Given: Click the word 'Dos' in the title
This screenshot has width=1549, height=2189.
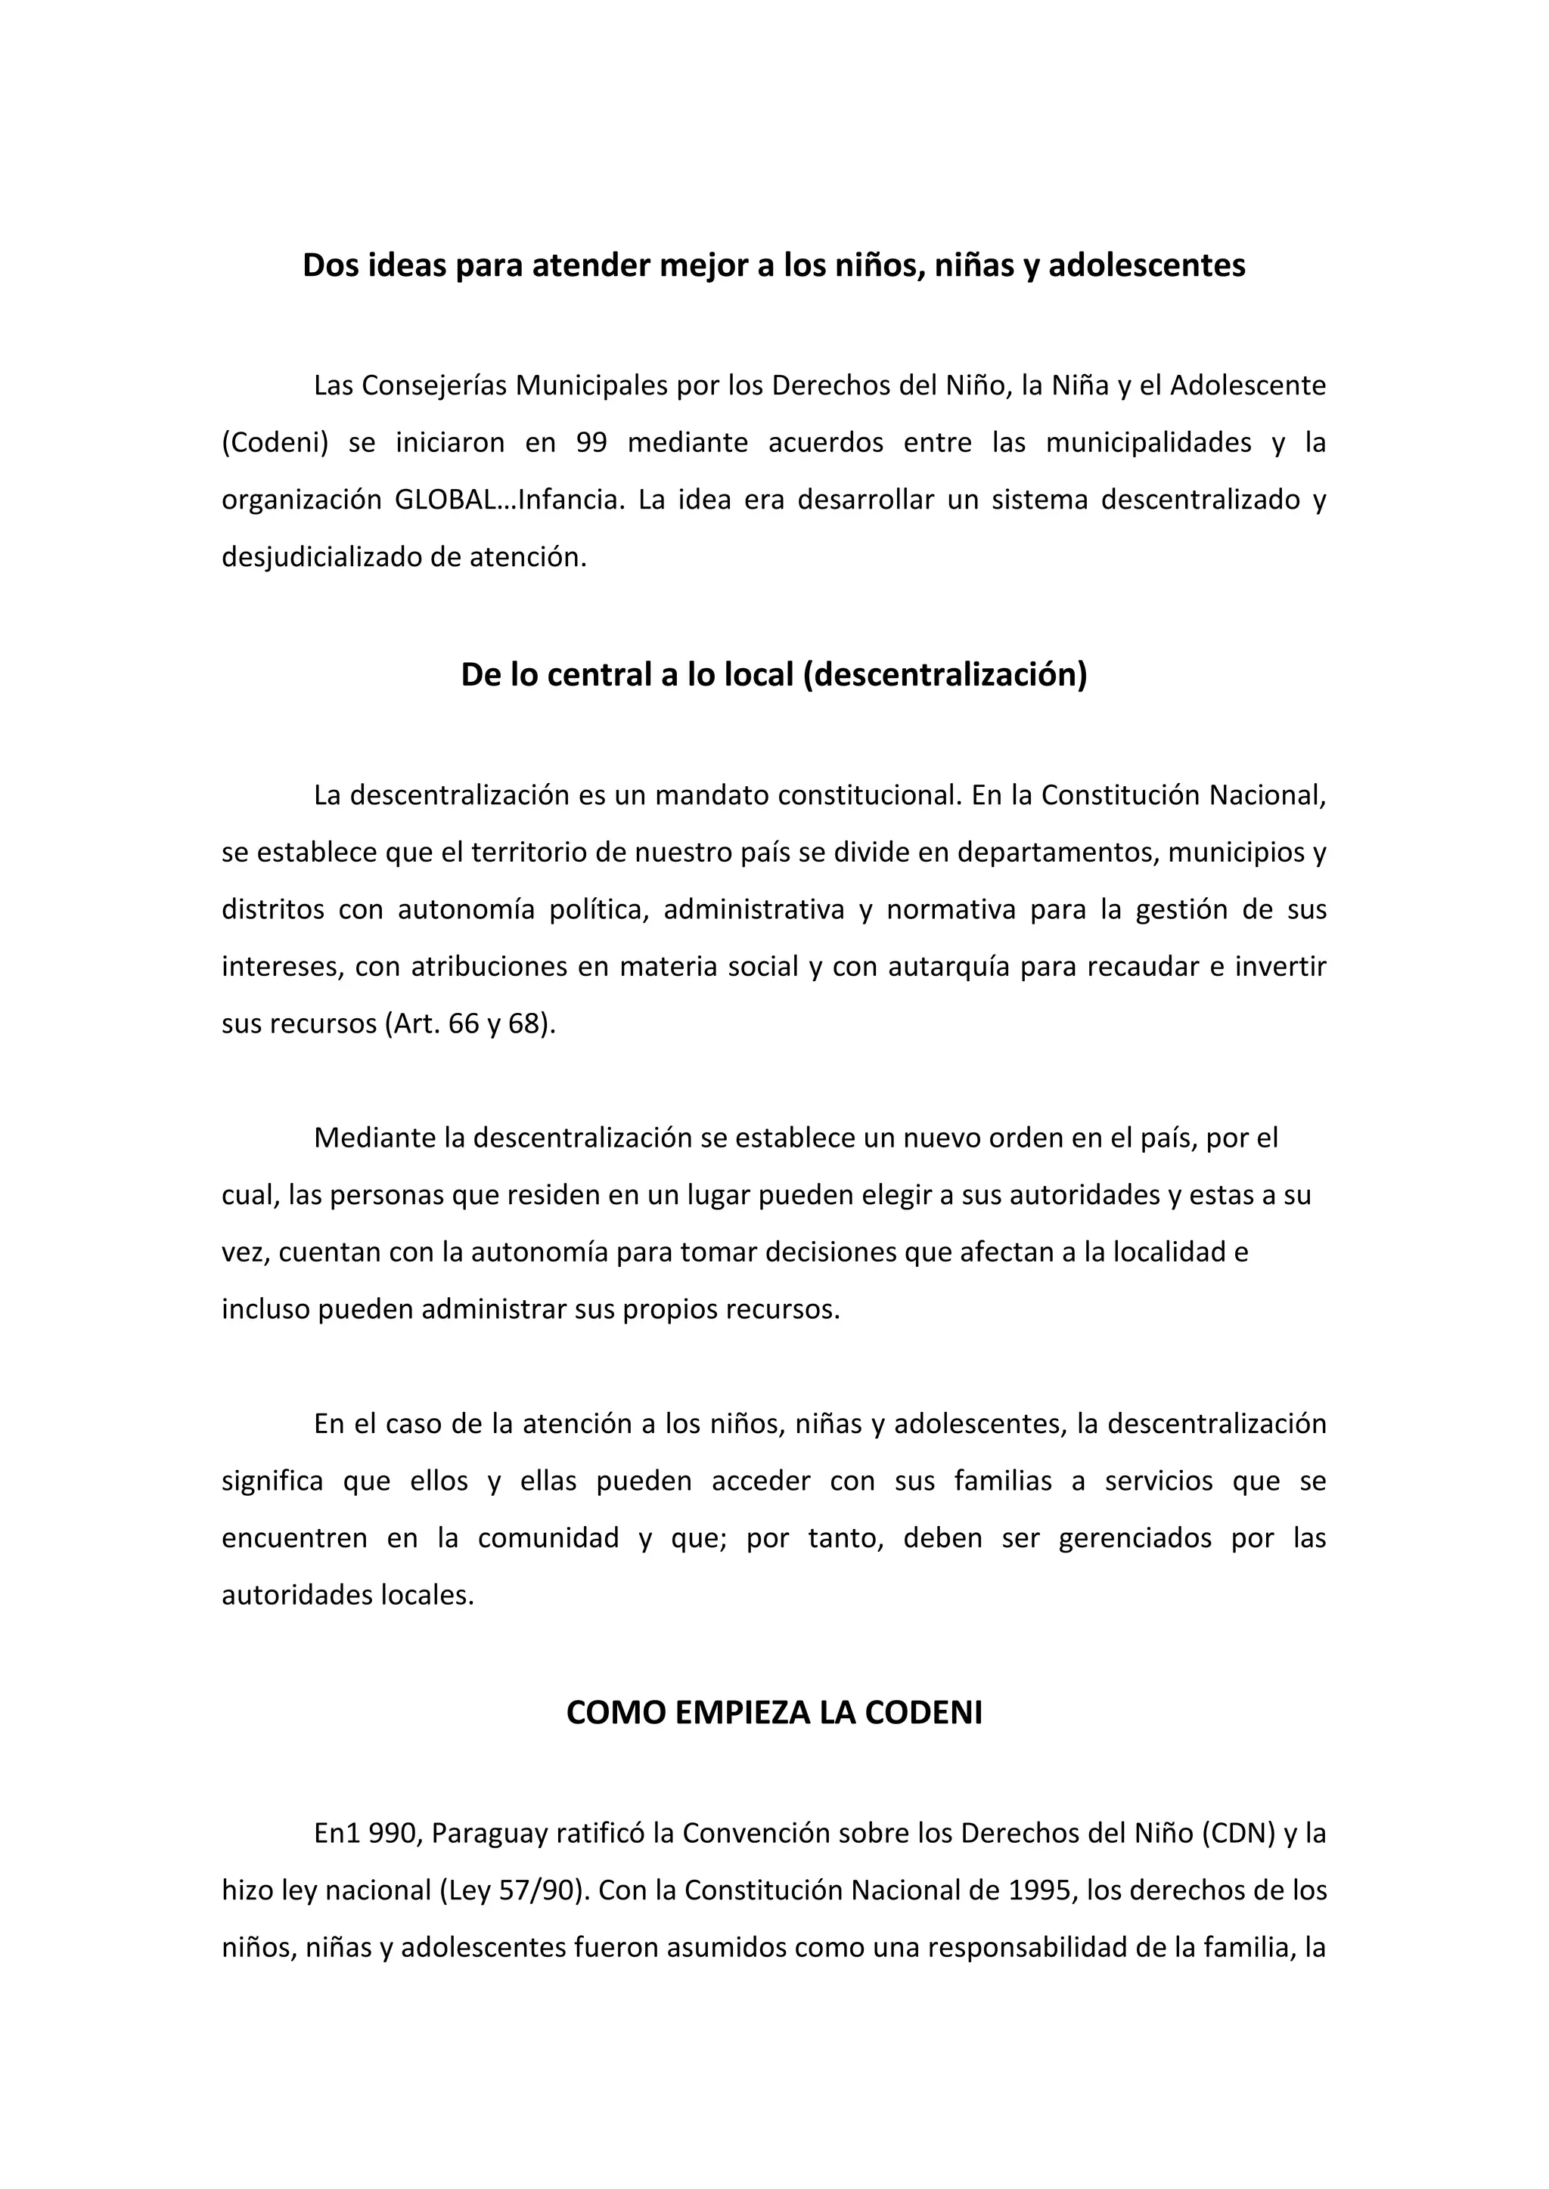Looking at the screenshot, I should coord(330,265).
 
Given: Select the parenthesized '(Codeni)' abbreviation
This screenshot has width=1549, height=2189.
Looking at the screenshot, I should coord(275,444).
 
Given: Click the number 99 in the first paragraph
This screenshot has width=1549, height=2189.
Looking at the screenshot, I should coord(592,444).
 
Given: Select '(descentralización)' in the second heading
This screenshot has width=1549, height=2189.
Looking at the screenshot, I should coord(945,675).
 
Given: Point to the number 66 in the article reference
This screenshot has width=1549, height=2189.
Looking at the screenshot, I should coord(464,1024).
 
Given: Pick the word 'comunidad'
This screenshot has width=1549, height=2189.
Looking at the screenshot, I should coord(548,1539).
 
